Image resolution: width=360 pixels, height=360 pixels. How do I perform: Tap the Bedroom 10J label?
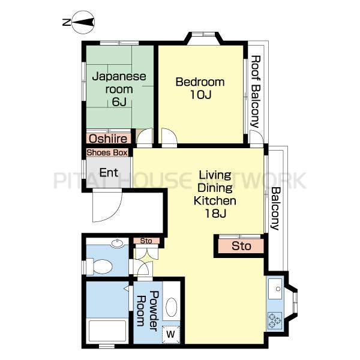[x=200, y=88]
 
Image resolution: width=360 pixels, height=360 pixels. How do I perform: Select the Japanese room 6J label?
[x=119, y=89]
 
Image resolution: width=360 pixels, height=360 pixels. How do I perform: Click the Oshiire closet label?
[x=108, y=139]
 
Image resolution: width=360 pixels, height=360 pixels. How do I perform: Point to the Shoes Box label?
[x=107, y=152]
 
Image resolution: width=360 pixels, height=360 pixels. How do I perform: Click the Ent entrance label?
[x=109, y=172]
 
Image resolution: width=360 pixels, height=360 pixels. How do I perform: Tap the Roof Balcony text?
[x=256, y=91]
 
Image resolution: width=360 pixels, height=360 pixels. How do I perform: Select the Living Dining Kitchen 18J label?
[x=215, y=194]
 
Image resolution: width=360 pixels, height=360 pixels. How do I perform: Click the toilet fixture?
[x=99, y=266]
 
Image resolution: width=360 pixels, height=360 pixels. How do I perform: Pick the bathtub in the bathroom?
[x=107, y=331]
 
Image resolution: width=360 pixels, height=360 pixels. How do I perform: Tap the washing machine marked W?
[x=170, y=334]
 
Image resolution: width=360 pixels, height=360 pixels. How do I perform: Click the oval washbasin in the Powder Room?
[x=171, y=307]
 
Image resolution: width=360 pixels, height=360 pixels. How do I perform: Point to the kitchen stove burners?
[x=275, y=320]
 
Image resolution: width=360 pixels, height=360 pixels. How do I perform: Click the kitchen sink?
[x=275, y=289]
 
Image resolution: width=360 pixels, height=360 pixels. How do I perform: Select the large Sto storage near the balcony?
[x=241, y=246]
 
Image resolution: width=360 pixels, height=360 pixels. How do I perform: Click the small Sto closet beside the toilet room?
[x=146, y=241]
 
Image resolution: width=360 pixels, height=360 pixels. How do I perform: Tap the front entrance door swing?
[x=107, y=205]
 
